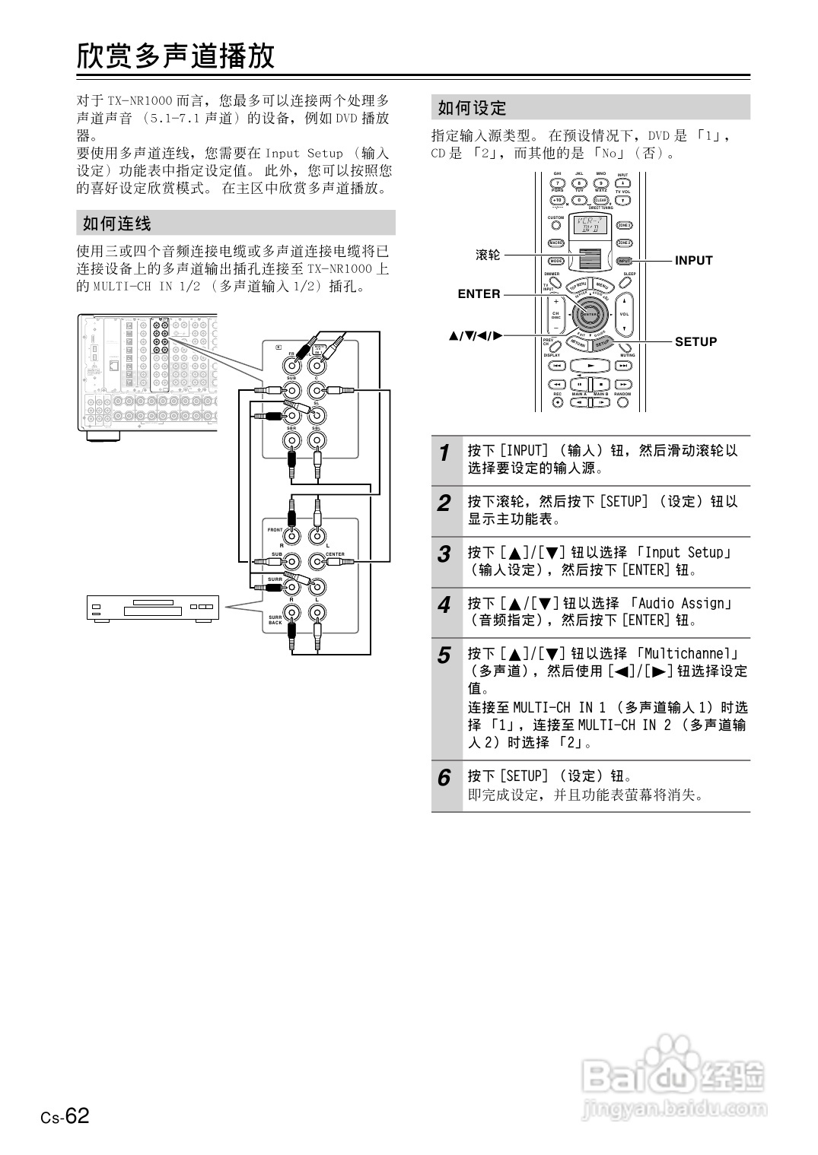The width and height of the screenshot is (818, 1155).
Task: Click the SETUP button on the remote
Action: [x=603, y=342]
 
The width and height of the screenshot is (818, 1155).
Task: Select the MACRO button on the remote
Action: [x=555, y=243]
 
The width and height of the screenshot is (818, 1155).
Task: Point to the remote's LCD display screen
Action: [x=590, y=226]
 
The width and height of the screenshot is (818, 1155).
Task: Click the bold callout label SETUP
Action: [x=695, y=342]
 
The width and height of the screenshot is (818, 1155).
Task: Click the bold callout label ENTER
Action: [x=479, y=294]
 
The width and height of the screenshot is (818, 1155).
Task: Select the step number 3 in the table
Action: [x=444, y=554]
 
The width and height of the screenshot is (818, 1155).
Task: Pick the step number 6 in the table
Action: [x=444, y=778]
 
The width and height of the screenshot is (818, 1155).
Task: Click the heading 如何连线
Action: [x=117, y=224]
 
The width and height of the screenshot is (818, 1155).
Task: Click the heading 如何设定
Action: [x=472, y=108]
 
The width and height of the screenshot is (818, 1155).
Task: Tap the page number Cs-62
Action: [x=65, y=1116]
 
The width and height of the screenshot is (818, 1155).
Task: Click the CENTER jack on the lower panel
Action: [x=317, y=562]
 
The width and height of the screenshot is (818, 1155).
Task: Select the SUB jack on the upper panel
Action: [x=291, y=392]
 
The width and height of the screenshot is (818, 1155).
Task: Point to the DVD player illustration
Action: [x=152, y=608]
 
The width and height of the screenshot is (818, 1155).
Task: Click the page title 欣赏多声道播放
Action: [x=176, y=56]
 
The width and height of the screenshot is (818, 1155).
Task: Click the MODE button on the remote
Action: [x=555, y=261]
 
